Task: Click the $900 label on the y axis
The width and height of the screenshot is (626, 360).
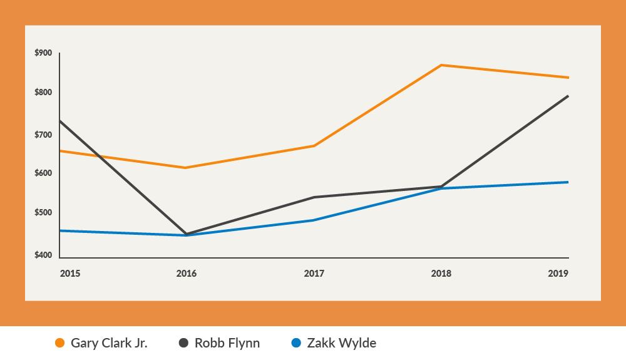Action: click(x=44, y=53)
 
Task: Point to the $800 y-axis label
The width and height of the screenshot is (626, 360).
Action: click(x=44, y=93)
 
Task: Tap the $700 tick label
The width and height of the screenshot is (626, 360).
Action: click(x=44, y=135)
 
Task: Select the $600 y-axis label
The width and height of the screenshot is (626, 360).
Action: click(x=44, y=173)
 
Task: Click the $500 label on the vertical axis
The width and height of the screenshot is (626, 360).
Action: click(x=44, y=213)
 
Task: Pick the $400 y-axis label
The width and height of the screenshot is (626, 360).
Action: click(x=44, y=255)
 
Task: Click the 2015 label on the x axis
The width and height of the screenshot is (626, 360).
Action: click(x=69, y=274)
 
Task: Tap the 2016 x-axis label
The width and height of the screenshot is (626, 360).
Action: click(x=187, y=274)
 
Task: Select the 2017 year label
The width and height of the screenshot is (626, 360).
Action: click(x=314, y=274)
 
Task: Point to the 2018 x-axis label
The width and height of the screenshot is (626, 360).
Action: click(x=441, y=274)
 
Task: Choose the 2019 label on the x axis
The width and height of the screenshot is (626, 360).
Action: click(x=558, y=274)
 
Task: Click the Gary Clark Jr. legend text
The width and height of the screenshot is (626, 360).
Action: click(x=109, y=343)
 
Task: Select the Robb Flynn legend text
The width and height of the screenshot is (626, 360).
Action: click(x=227, y=343)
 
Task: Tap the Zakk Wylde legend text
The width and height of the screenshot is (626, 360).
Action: click(x=341, y=343)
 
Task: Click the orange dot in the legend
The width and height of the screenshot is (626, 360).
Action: click(x=60, y=343)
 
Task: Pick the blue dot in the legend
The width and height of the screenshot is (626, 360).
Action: click(x=297, y=343)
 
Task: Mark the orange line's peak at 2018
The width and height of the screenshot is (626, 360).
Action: click(x=441, y=65)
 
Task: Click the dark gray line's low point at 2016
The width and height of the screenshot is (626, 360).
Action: click(x=187, y=234)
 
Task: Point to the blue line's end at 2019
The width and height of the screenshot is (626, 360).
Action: click(x=568, y=182)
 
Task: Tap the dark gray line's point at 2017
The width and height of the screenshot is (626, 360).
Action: click(x=314, y=197)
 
